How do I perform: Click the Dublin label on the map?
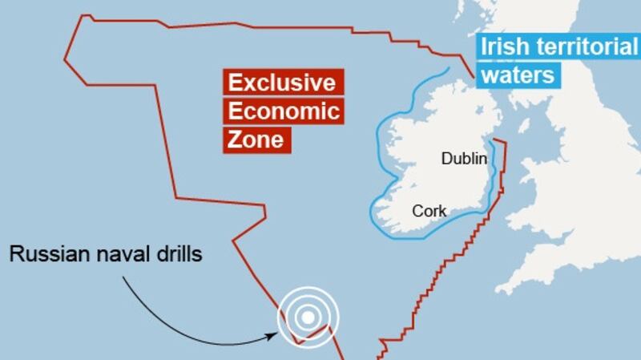[x=464, y=159]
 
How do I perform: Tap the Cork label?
[x=429, y=212]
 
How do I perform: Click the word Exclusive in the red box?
[x=280, y=83]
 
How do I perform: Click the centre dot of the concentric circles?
[x=307, y=318]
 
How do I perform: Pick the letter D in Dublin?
[x=446, y=159]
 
